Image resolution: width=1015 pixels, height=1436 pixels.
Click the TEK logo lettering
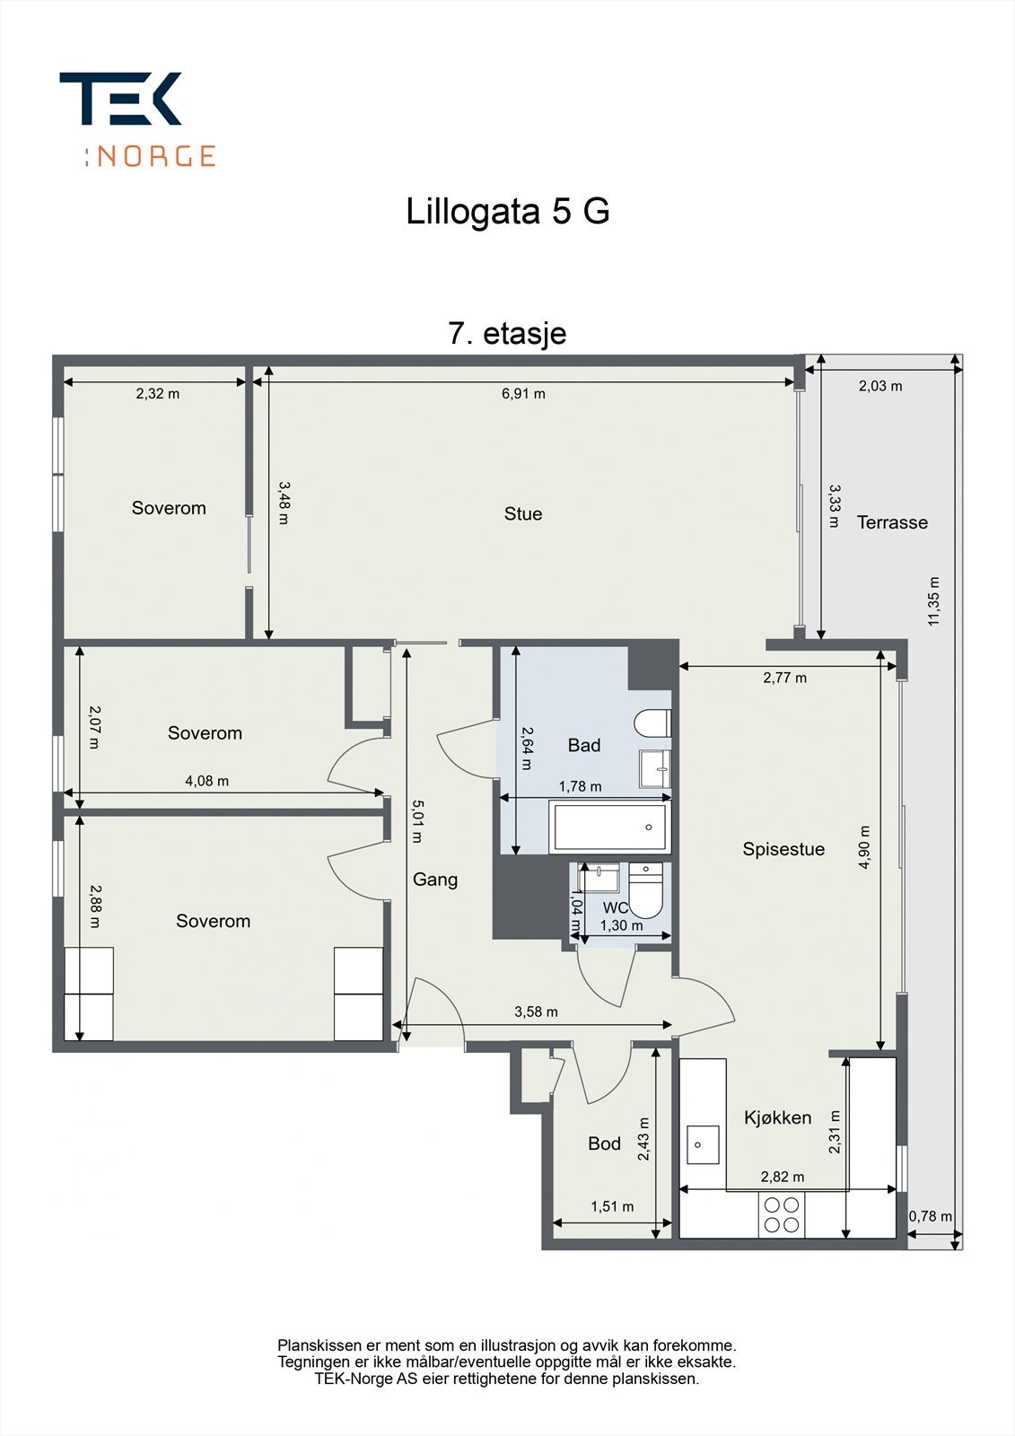click(x=120, y=98)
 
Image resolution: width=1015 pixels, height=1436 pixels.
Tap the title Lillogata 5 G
click(x=507, y=211)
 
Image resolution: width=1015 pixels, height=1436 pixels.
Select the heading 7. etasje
click(x=507, y=333)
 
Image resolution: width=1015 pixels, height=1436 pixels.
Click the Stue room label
click(x=522, y=513)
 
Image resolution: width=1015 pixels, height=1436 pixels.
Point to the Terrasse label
click(x=893, y=522)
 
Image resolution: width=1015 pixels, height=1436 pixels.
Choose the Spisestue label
click(x=783, y=849)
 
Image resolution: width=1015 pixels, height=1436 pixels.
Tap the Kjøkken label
click(x=778, y=1117)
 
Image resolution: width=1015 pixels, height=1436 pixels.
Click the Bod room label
click(x=604, y=1143)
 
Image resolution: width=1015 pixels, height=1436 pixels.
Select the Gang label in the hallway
click(x=434, y=880)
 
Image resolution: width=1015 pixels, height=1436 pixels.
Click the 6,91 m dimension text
click(x=523, y=394)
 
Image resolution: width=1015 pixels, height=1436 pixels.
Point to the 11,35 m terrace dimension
click(x=933, y=600)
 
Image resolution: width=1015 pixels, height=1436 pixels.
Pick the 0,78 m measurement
click(x=930, y=1215)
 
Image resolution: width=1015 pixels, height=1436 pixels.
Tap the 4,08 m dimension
click(x=206, y=781)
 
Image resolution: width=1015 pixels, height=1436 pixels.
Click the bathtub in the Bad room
click(x=609, y=827)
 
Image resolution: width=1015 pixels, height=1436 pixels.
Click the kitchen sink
click(x=703, y=1144)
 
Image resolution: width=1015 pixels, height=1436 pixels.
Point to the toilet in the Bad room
click(x=652, y=723)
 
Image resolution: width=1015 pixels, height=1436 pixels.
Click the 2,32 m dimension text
click(x=158, y=394)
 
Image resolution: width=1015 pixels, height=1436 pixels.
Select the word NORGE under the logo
click(x=156, y=156)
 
